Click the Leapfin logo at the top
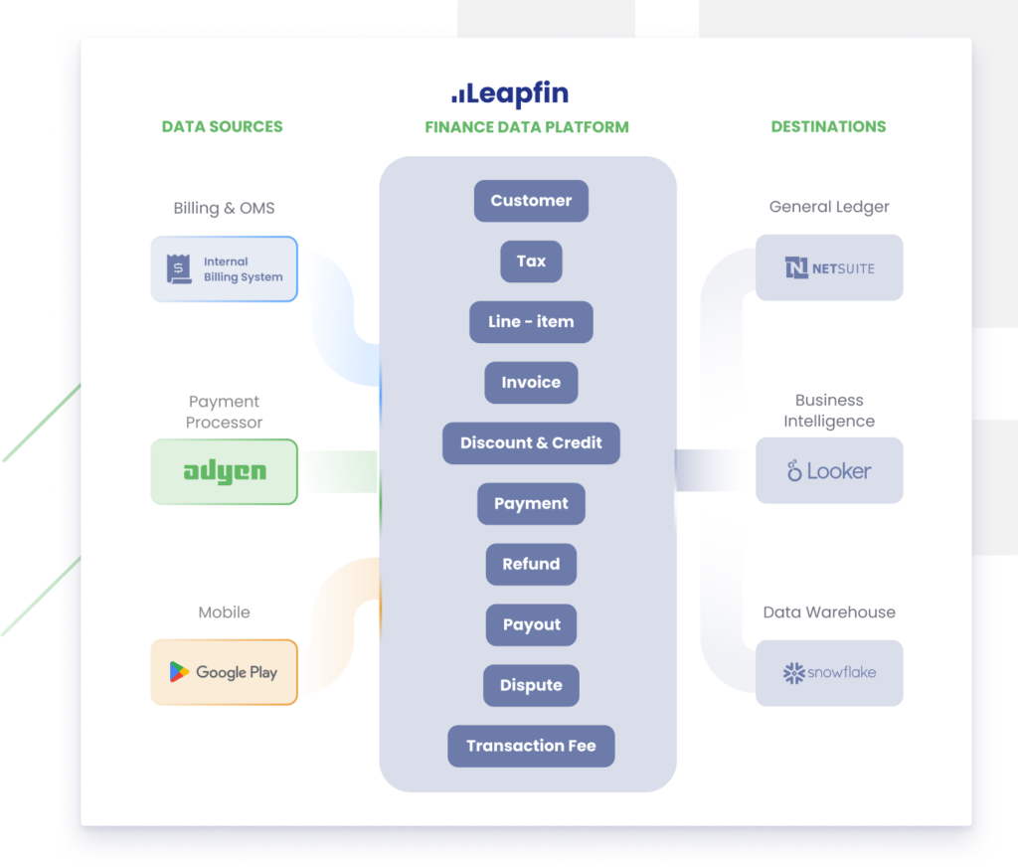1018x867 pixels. point(510,95)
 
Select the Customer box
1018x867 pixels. point(531,201)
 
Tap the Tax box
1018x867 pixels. point(531,261)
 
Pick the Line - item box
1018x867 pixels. point(531,322)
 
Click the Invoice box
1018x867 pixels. point(531,383)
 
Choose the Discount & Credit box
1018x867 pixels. point(531,443)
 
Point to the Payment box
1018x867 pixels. point(531,504)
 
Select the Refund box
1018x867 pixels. point(531,565)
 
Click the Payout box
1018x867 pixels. point(531,625)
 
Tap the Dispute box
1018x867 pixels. point(531,686)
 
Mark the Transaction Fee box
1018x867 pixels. point(531,747)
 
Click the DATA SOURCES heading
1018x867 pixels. point(222,127)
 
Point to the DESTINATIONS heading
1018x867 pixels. point(828,127)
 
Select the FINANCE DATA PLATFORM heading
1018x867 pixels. point(527,127)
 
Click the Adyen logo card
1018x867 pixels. point(225,471)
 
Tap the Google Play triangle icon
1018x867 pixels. point(179,672)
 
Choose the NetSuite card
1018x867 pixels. point(829,267)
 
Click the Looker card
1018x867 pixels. point(829,470)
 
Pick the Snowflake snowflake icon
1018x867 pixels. point(793,673)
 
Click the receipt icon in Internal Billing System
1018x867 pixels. point(179,269)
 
